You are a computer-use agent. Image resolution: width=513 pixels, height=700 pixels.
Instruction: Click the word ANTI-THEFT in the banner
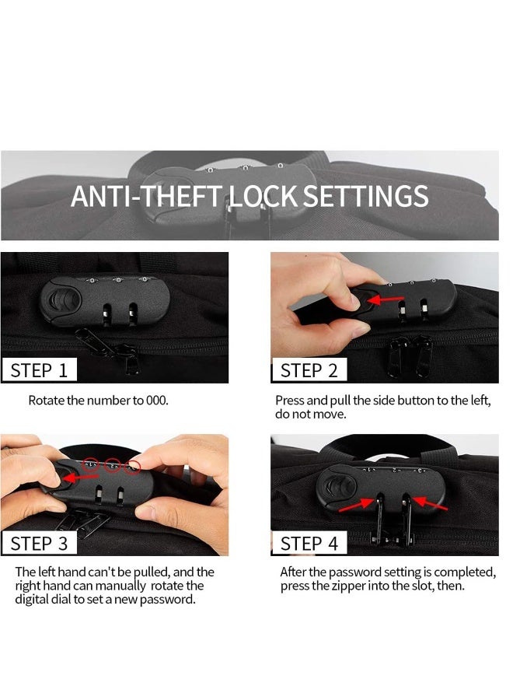145,197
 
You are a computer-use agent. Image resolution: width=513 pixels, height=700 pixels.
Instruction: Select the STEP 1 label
39,370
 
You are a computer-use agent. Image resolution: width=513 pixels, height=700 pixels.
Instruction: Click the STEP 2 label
309,370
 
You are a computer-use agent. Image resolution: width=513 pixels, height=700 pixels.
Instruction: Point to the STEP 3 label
39,544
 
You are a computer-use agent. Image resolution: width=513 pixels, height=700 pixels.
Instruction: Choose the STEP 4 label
309,544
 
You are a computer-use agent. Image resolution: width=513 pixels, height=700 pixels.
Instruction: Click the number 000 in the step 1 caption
156,400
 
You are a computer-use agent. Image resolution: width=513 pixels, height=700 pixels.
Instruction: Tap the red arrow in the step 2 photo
385,299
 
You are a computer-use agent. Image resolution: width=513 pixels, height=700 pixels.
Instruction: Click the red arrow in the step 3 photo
80,478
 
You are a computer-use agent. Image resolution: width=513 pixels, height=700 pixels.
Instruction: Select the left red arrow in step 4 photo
357,505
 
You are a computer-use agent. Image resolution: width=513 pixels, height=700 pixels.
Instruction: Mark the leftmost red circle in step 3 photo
92,465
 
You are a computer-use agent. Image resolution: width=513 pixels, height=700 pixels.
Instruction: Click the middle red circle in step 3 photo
113,466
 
